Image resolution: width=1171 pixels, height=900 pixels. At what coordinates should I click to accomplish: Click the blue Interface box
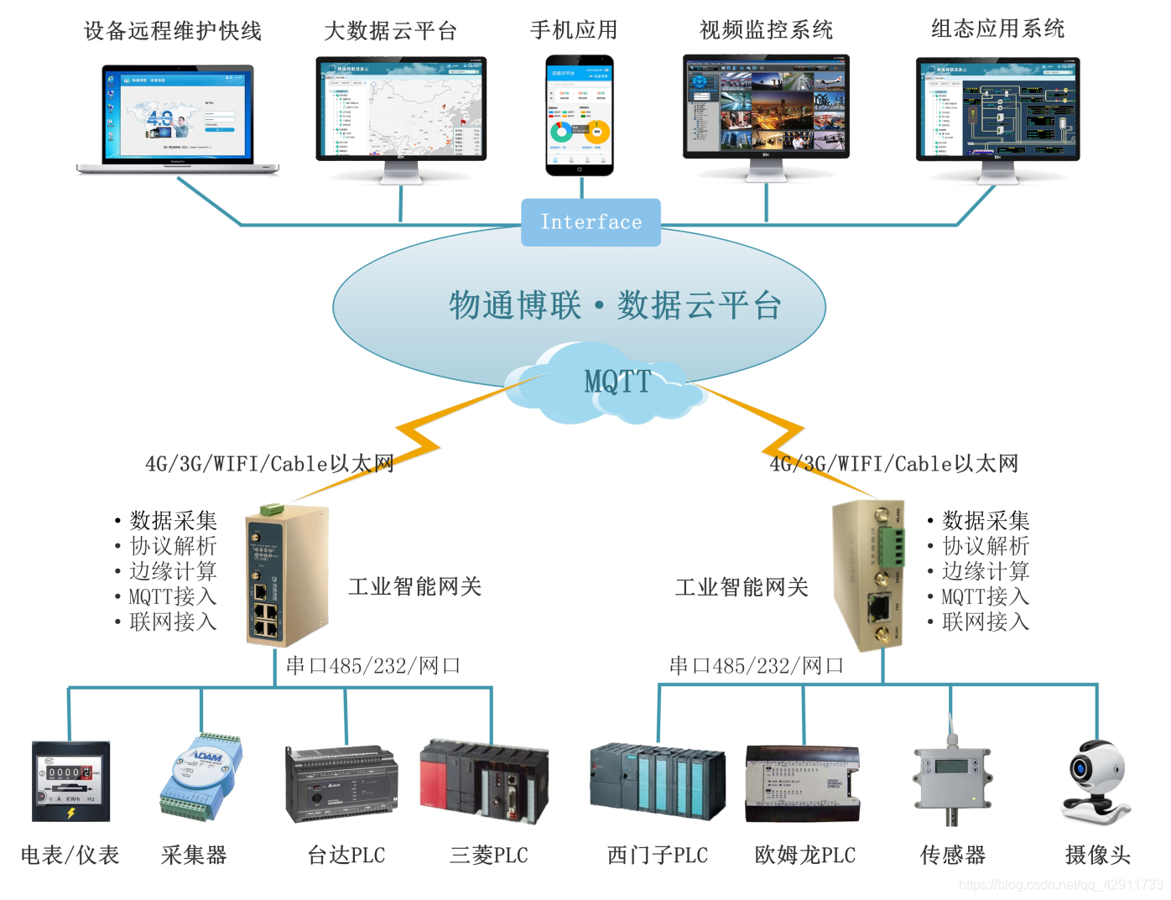(591, 222)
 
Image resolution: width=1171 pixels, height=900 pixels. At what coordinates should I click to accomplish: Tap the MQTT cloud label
(617, 382)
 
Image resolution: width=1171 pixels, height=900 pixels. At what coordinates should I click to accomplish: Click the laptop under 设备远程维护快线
(178, 117)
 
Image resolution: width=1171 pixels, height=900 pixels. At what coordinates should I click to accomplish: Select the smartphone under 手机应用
(580, 115)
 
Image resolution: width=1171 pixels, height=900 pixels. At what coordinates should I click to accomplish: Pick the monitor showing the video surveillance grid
(766, 107)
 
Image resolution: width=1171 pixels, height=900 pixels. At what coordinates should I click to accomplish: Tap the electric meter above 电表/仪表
(70, 781)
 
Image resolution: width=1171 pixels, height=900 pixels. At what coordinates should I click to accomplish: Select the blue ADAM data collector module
(201, 777)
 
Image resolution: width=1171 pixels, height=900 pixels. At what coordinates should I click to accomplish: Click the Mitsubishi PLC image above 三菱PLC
(485, 780)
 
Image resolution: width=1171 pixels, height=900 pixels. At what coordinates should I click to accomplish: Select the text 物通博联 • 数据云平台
(615, 305)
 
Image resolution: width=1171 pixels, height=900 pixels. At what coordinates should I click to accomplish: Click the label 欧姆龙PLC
(804, 856)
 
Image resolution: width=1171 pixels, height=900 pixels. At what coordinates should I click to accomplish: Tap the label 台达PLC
(346, 856)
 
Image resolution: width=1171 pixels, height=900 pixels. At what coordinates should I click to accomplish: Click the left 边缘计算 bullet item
(173, 571)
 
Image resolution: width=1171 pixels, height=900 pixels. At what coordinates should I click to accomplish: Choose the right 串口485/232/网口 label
(756, 666)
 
